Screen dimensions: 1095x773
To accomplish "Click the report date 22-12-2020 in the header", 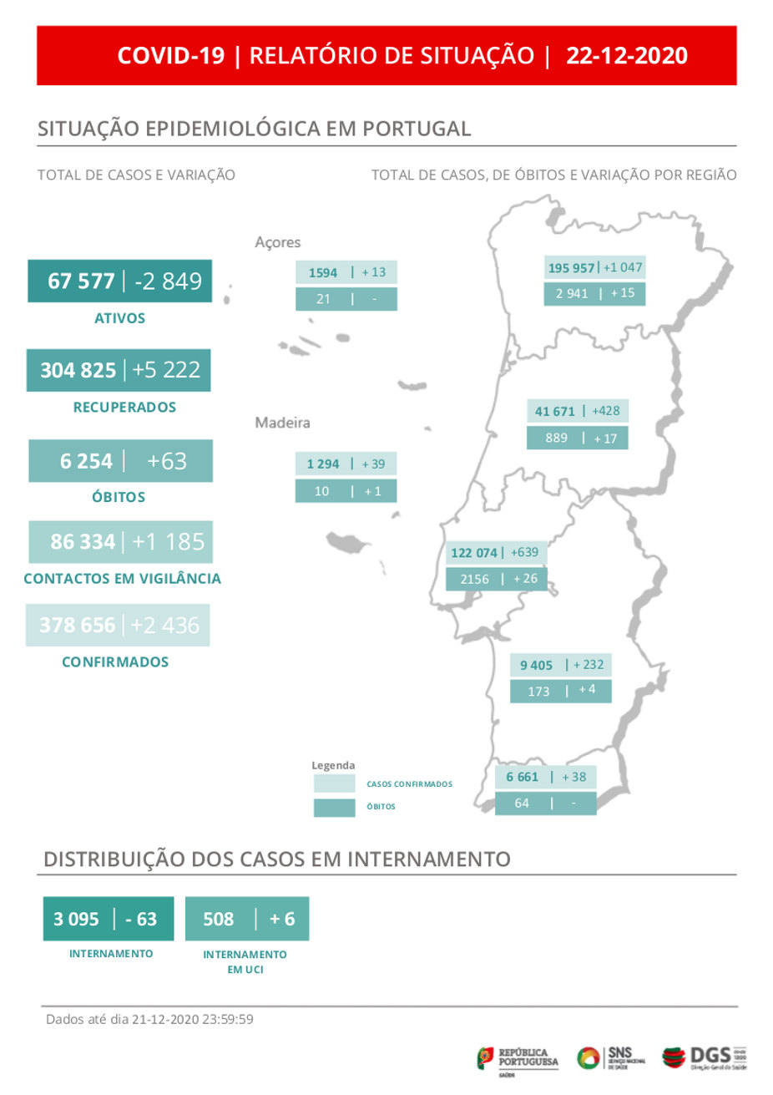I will point(627,56).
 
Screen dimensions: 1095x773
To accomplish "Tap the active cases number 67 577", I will point(81,281).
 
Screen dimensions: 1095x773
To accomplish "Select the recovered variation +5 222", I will point(166,370).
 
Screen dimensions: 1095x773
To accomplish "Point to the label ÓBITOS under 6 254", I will point(119,497).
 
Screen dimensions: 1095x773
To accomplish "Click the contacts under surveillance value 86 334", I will point(83,542).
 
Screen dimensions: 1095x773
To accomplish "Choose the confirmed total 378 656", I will point(78,625).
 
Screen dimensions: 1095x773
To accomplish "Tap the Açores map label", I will point(278,242).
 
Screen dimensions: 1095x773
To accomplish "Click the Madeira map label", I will point(282,423).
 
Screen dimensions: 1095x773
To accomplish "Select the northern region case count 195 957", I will point(571,268).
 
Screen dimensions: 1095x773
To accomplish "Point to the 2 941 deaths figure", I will point(572,294).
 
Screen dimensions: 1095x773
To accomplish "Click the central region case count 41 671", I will point(554,411).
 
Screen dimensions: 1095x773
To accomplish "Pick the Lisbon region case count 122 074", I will point(473,553).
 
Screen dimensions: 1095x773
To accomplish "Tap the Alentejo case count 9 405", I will point(536,666).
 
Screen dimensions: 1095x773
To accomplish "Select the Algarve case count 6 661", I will point(522,777).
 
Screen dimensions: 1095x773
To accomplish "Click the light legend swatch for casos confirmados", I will point(334,784).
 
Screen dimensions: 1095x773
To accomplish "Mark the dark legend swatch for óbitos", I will point(334,808).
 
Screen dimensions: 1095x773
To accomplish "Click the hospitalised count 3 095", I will point(76,919).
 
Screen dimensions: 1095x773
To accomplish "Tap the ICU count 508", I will point(219,919).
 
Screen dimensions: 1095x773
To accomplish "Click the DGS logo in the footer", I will point(705,1057).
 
